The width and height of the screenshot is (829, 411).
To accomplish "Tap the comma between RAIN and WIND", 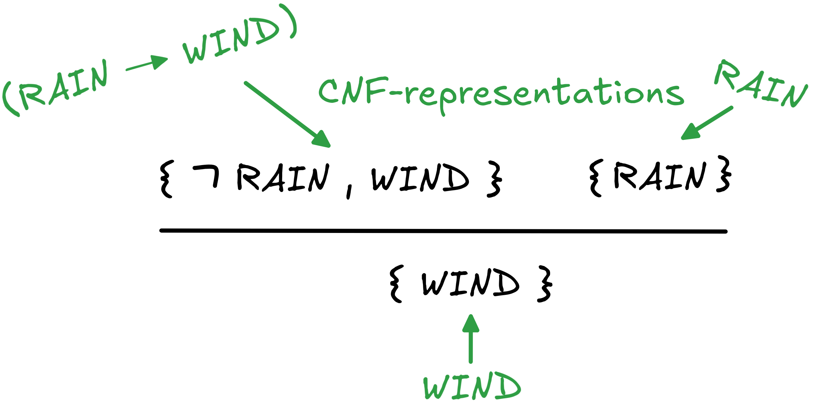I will [348, 191].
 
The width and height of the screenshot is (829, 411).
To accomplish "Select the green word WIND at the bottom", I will [472, 386].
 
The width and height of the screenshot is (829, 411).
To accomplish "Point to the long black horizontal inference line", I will [443, 231].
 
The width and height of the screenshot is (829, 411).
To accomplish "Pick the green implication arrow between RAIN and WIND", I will [147, 63].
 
